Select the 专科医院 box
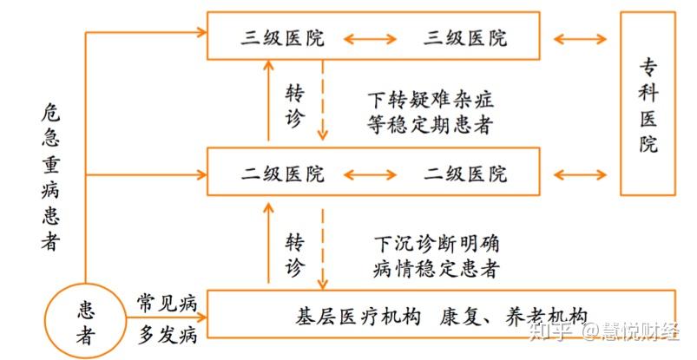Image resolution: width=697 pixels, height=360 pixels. coord(648,104)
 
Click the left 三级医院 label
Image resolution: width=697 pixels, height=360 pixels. coord(283,38)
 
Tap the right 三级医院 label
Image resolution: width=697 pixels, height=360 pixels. coord(465,38)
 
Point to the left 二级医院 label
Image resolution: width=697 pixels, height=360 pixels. coord(283,174)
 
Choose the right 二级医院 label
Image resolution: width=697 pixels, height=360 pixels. coord(465,174)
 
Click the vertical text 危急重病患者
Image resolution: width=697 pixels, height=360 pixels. coord(51,178)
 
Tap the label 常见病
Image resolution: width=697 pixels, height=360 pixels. coord(167,304)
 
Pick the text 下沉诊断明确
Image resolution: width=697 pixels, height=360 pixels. coord(436,244)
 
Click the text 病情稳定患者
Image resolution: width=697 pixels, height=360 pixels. coord(436,268)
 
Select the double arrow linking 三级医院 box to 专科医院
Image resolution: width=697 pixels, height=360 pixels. coord(580,38)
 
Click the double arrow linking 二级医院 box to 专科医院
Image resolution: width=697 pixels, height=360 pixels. coord(580,174)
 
